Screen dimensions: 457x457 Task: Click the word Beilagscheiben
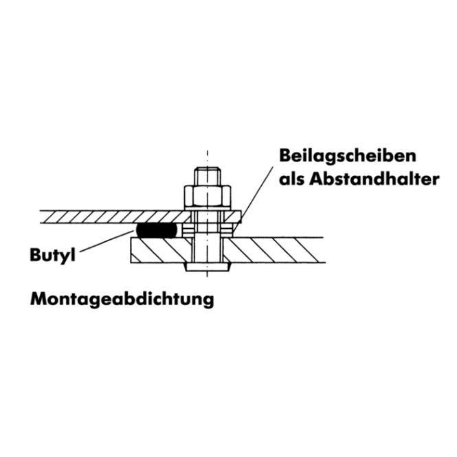[x=348, y=156]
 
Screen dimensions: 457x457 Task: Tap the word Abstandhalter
[x=375, y=179]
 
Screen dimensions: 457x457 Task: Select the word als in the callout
[x=292, y=179]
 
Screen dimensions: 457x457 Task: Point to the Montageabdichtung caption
[x=122, y=300]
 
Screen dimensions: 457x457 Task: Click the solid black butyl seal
[x=157, y=230]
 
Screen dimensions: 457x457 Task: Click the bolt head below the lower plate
[x=208, y=267]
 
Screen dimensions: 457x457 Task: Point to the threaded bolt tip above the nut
[x=208, y=176]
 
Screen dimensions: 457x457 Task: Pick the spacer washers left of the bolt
[x=187, y=230]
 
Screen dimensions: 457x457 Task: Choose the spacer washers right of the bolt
[x=227, y=230]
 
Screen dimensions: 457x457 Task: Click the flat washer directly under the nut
[x=208, y=210]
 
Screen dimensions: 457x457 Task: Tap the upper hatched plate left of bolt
[x=115, y=217]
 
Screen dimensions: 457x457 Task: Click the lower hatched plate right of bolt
[x=275, y=250]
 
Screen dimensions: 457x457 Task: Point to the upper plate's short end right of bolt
[x=233, y=217]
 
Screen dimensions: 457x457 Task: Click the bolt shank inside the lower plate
[x=208, y=249]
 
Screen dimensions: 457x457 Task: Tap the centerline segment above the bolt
[x=208, y=159]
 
